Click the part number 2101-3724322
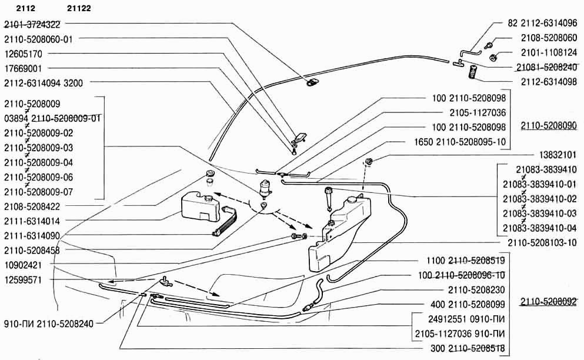(32, 25)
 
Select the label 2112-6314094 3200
(44, 83)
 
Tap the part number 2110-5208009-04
(39, 162)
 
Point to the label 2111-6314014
(32, 221)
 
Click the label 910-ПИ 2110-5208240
(49, 324)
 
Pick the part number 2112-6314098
(549, 82)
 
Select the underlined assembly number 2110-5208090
(549, 126)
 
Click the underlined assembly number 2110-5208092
(549, 302)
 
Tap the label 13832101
(558, 155)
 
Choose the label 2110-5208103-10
(542, 242)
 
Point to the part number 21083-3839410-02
(540, 199)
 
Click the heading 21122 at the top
(79, 8)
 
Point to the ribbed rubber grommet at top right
(473, 71)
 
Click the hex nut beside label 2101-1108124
(493, 58)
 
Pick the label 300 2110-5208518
(468, 348)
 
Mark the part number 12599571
(23, 280)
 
